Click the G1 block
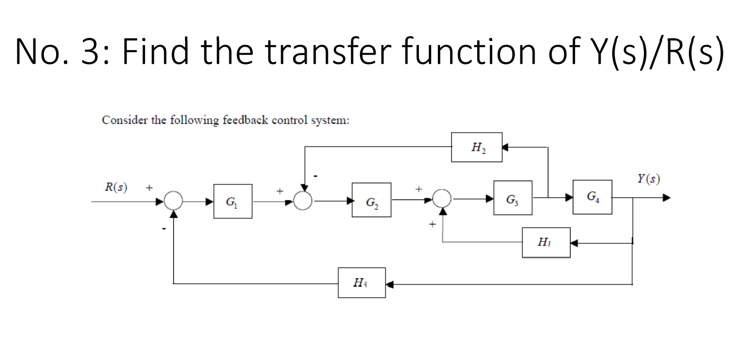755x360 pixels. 232,201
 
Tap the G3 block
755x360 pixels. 512,198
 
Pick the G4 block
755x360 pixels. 592,197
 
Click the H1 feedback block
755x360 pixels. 546,243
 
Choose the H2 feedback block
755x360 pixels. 476,147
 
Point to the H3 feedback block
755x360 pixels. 361,283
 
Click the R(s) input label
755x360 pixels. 116,187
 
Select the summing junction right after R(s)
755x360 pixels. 174,201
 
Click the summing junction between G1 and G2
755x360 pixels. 303,201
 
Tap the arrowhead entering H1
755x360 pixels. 574,243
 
